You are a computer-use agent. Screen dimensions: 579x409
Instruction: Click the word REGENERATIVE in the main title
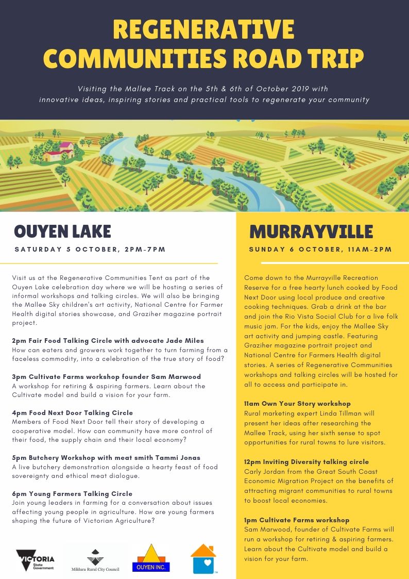pyautogui.click(x=204, y=29)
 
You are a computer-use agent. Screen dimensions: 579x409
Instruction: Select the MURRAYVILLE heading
pyautogui.click(x=311, y=231)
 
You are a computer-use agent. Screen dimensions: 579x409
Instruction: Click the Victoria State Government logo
pyautogui.click(x=35, y=559)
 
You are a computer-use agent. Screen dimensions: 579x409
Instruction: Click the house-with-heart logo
pyautogui.click(x=203, y=558)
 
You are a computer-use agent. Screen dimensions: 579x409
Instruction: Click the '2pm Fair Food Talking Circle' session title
pyautogui.click(x=108, y=340)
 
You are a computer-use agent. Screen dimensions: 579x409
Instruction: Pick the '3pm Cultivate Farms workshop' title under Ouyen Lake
pyautogui.click(x=106, y=376)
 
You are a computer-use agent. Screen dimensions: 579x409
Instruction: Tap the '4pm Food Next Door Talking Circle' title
pyautogui.click(x=73, y=412)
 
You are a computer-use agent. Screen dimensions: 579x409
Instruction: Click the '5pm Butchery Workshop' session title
pyautogui.click(x=106, y=457)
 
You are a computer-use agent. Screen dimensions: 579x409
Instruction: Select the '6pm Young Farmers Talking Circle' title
pyautogui.click(x=72, y=493)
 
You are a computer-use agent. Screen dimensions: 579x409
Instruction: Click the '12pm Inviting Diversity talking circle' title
pyautogui.click(x=306, y=462)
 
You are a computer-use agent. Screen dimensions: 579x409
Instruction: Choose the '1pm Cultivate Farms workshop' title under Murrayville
pyautogui.click(x=297, y=520)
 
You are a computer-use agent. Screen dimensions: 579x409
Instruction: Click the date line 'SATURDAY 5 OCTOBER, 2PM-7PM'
pyautogui.click(x=90, y=250)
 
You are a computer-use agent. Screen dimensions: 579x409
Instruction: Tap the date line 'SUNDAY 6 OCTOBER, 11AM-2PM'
pyautogui.click(x=320, y=250)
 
